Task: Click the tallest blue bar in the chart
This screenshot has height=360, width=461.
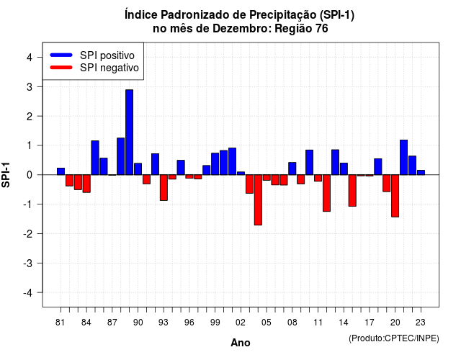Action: (x=130, y=132)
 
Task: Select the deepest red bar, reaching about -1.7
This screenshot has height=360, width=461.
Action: (x=258, y=200)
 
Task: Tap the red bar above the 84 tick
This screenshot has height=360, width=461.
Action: (x=86, y=184)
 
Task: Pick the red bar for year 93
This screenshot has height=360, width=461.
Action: (x=164, y=188)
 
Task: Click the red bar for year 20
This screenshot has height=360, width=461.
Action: (x=395, y=196)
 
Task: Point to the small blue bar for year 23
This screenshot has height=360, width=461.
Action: (x=421, y=173)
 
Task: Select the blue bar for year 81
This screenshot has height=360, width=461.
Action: (x=61, y=171)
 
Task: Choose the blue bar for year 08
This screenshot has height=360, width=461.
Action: (x=292, y=168)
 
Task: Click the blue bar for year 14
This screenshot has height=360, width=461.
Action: (x=344, y=169)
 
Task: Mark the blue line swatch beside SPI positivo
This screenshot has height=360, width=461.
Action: (x=61, y=55)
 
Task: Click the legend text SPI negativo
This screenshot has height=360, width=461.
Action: (x=109, y=68)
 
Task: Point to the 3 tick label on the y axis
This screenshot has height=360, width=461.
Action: (x=29, y=87)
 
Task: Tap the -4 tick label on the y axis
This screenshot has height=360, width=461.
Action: (x=28, y=293)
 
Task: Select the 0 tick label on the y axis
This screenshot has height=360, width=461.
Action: (x=29, y=175)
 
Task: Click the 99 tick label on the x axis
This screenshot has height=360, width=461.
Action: (x=215, y=323)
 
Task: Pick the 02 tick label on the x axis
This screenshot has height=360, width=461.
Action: (x=241, y=323)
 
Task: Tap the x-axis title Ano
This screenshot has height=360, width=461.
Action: (x=241, y=343)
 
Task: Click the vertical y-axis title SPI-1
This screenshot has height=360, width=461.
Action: (x=6, y=175)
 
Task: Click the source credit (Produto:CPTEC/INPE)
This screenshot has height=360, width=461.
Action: (x=394, y=338)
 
